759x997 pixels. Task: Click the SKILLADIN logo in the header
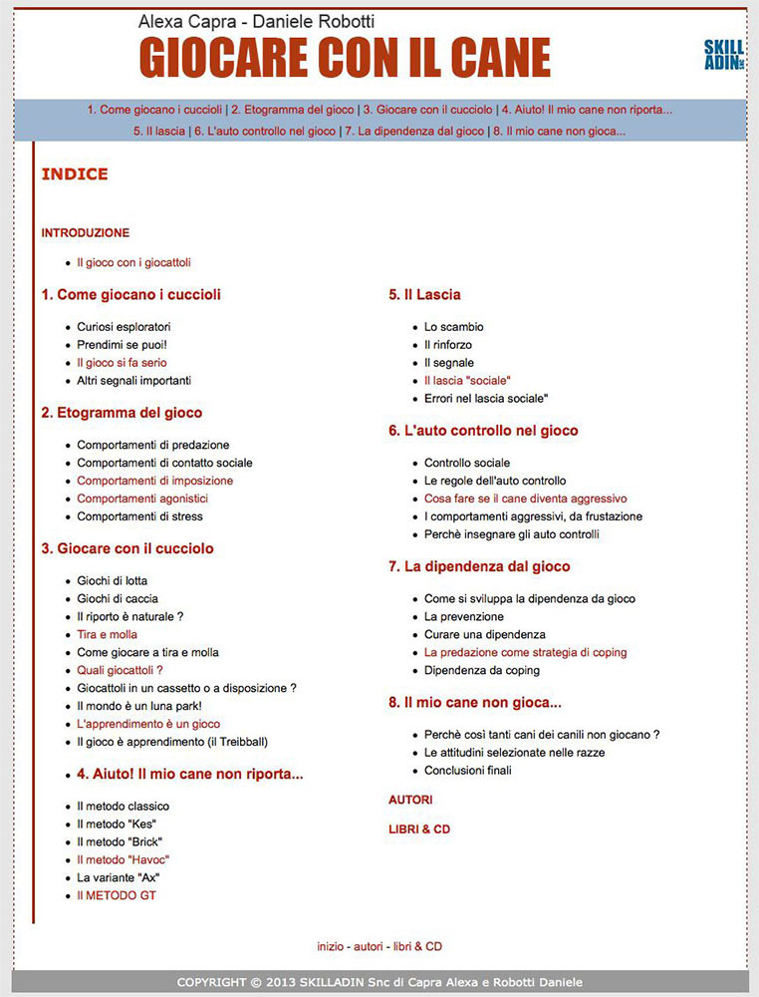point(723,54)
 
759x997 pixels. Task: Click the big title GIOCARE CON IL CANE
point(345,58)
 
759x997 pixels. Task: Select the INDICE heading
point(75,174)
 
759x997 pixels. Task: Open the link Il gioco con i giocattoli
point(133,263)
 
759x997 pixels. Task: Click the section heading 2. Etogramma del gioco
point(122,413)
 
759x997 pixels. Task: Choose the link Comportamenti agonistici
point(142,498)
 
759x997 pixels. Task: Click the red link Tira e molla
point(107,634)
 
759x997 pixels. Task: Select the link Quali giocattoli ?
point(120,670)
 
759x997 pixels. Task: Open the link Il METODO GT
point(117,895)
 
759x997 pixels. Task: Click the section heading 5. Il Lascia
point(424,295)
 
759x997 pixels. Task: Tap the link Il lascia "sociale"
point(467,381)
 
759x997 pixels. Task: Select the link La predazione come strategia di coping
point(525,652)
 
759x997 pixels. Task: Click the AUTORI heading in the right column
point(410,800)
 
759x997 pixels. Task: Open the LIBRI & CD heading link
point(418,829)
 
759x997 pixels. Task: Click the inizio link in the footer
point(331,946)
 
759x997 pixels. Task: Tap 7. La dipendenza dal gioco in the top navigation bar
point(414,131)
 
